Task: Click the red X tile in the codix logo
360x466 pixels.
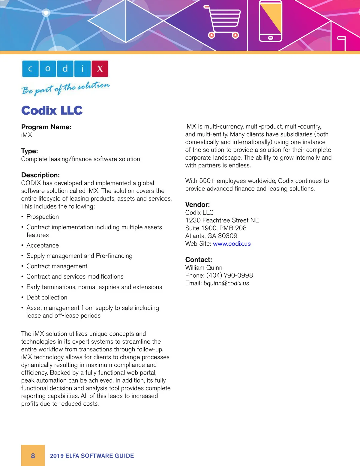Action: pyautogui.click(x=100, y=69)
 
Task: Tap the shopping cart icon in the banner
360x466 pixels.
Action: pyautogui.click(x=223, y=22)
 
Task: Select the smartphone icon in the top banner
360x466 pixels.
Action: pyautogui.click(x=270, y=21)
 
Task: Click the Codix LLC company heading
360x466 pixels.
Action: pyautogui.click(x=52, y=110)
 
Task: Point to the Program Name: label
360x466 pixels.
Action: pyautogui.click(x=46, y=127)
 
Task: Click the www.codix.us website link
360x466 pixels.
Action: pyautogui.click(x=232, y=244)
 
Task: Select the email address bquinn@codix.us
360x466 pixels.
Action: pyautogui.click(x=226, y=283)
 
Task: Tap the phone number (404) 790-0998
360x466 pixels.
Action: pyautogui.click(x=229, y=275)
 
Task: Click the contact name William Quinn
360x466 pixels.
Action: pyautogui.click(x=204, y=268)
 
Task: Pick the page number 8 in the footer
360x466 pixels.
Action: pyautogui.click(x=33, y=456)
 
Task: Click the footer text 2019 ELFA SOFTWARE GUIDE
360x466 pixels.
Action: pyautogui.click(x=92, y=456)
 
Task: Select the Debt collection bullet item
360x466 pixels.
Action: pyautogui.click(x=47, y=297)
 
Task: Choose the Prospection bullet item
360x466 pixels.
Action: pyautogui.click(x=43, y=217)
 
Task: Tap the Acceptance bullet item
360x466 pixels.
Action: pyautogui.click(x=43, y=245)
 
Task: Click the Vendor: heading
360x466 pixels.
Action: pyautogui.click(x=197, y=205)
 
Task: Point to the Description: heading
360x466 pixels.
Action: pyautogui.click(x=40, y=175)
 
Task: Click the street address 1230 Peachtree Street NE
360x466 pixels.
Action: pyautogui.click(x=222, y=220)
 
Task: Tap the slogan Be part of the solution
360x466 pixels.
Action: pyautogui.click(x=65, y=88)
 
